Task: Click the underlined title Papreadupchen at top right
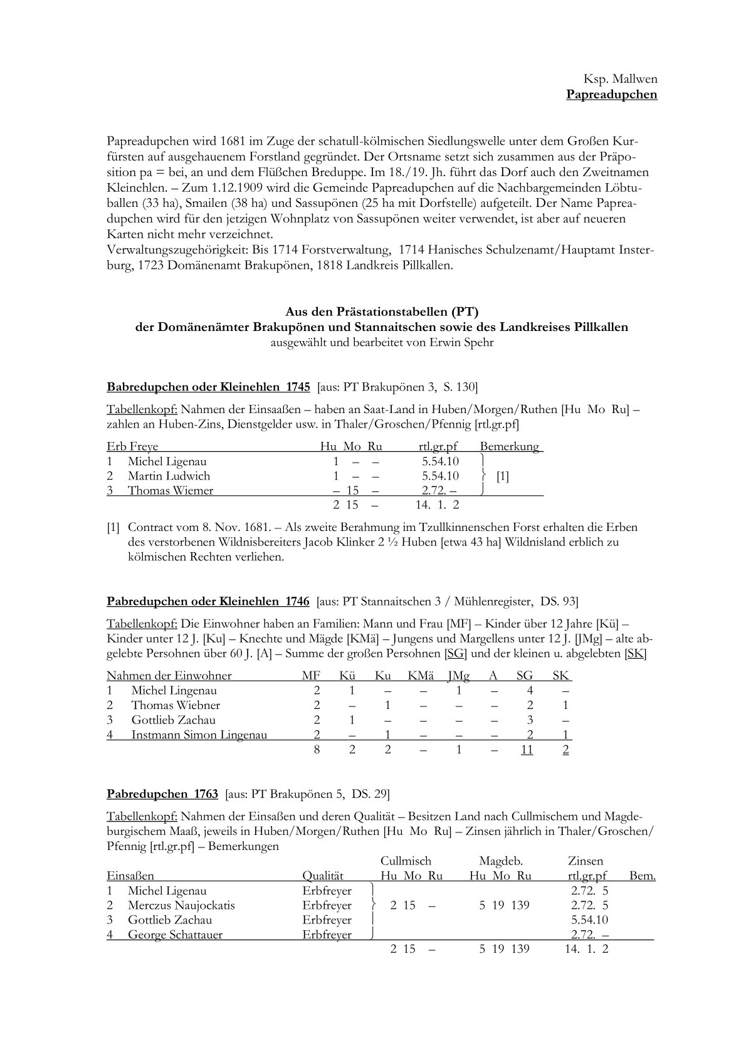pos(611,95)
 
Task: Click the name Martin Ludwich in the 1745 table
pos(169,476)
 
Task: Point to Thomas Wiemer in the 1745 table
pos(171,490)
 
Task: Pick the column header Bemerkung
pos(510,446)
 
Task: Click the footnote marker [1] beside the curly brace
pos(502,476)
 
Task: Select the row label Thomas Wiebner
pos(175,705)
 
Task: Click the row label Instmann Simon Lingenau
pos(199,735)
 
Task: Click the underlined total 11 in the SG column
pos(527,749)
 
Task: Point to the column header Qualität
pos(323,876)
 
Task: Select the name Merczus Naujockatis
pos(181,905)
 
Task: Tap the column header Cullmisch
pos(406,861)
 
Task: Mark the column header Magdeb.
pos(500,861)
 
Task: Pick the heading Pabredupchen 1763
pos(162,794)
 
